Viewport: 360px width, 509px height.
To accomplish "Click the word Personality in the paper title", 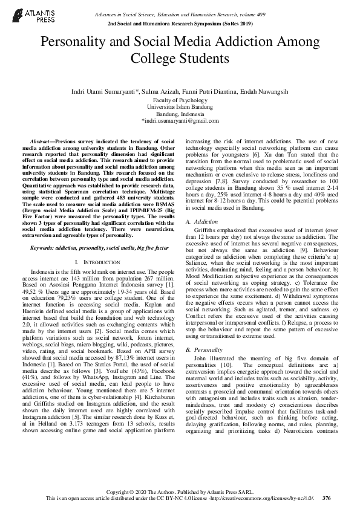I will [71, 42].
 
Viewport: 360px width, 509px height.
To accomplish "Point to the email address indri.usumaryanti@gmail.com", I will [180, 121].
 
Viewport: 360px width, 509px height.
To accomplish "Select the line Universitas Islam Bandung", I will [180, 107].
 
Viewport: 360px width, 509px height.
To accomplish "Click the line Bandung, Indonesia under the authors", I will [180, 114].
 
